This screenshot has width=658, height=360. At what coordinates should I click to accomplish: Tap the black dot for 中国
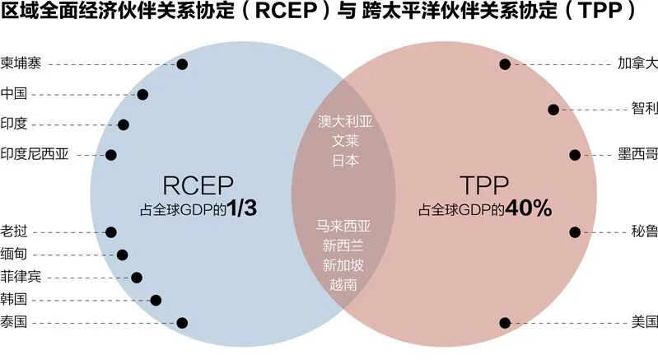point(142,94)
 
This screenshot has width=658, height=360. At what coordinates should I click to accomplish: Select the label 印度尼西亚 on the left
point(35,154)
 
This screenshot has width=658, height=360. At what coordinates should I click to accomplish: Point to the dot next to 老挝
point(112,232)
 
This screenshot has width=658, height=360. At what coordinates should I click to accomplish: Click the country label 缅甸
point(14,255)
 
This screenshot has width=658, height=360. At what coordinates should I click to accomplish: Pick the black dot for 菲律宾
point(137,278)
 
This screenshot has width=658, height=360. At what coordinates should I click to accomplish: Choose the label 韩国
point(14,300)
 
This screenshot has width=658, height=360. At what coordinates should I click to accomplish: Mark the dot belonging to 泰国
point(182,322)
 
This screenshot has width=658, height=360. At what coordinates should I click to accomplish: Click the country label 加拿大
point(637,63)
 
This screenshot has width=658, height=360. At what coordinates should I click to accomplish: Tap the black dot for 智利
point(553,109)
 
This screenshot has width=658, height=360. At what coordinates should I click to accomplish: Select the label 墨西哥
point(637,154)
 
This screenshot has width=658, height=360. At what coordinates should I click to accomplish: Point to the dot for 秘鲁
point(575,232)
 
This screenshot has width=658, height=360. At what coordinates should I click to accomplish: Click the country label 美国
point(644,322)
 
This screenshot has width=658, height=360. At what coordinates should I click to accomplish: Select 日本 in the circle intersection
point(346,161)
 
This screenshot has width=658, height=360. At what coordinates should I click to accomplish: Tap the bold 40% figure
point(528,209)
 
